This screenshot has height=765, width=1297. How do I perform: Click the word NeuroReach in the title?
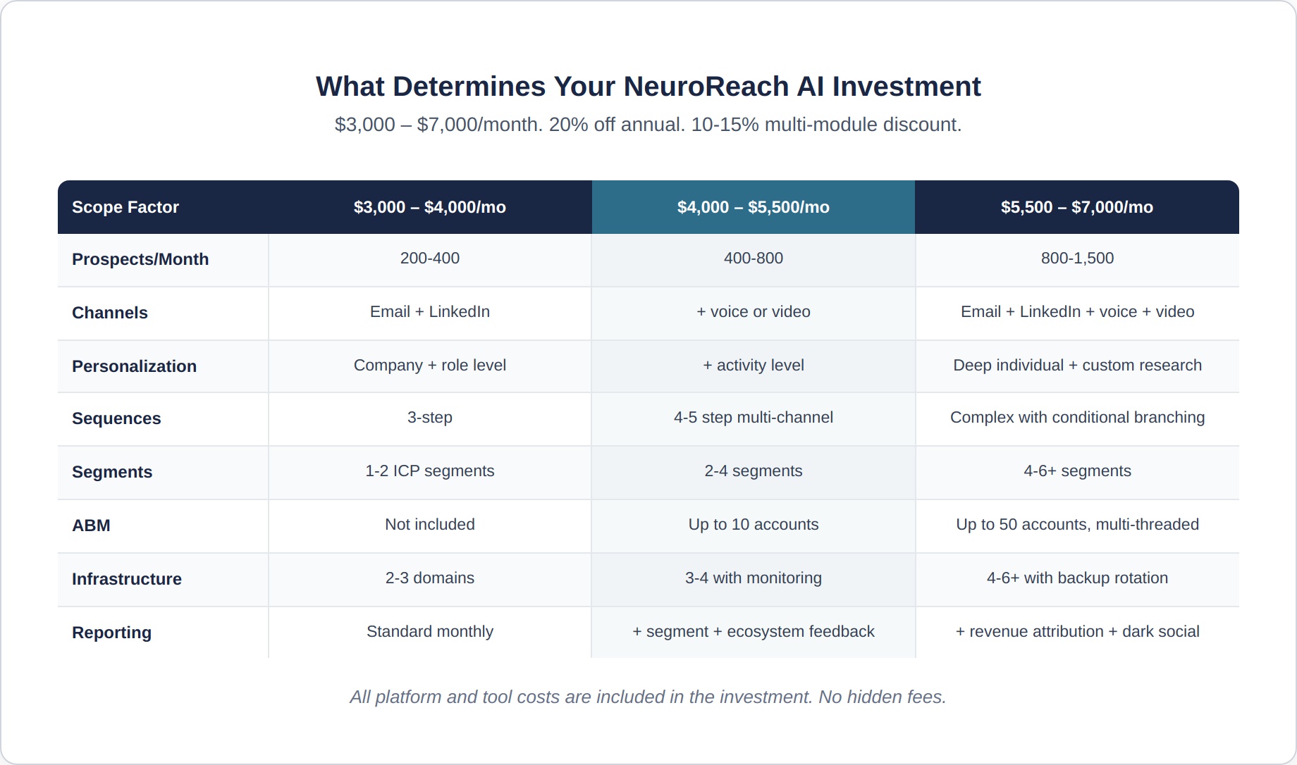706,87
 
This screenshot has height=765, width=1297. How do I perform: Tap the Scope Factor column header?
125,207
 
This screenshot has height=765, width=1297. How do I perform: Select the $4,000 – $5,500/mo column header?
754,207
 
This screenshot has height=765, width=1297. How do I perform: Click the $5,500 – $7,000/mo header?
1077,207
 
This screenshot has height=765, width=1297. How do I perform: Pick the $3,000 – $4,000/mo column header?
430,207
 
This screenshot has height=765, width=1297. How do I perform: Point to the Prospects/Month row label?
140,259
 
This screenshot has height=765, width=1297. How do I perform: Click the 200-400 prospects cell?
430,258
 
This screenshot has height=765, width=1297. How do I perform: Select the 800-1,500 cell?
1077,258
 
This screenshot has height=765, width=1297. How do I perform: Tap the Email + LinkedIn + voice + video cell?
1077,311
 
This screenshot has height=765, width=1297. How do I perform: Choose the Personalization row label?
134,366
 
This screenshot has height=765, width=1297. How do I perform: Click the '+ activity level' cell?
754,365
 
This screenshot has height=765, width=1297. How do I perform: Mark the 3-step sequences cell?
430,417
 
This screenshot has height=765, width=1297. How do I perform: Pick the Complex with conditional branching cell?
1077,417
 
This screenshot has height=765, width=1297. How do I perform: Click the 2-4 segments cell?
754,471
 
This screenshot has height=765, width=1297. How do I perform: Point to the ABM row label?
91,525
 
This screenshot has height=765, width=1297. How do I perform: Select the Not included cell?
430,524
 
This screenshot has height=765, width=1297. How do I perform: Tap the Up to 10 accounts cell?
754,524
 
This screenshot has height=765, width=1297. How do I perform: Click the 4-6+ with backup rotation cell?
1077,578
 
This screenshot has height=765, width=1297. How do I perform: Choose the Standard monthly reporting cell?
430,631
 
